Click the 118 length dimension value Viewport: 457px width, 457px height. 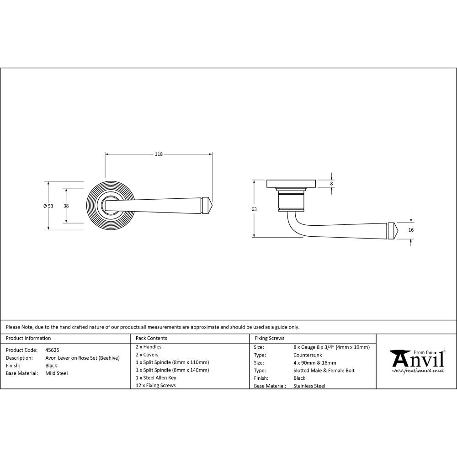coord(159,154)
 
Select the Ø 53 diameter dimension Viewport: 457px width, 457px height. coord(48,206)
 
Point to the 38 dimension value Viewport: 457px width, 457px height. coord(66,206)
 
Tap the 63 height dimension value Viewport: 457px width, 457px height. coord(254,209)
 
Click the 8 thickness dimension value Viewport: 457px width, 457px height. coord(332,183)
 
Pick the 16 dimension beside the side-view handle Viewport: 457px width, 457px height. coord(411,230)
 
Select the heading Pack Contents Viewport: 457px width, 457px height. coord(151,338)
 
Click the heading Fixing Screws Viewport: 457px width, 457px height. coord(269,338)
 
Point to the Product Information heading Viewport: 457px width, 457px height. coord(28,338)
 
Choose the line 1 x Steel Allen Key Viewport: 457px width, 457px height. coord(156,378)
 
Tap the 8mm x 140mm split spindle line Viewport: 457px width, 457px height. coord(172,370)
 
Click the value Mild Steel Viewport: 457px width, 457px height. coord(57,373)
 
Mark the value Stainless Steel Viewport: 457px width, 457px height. coord(309,386)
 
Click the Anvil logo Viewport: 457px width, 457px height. coord(417,359)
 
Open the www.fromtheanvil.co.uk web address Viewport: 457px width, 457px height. coord(418,371)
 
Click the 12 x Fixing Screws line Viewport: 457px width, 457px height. coord(155,386)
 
